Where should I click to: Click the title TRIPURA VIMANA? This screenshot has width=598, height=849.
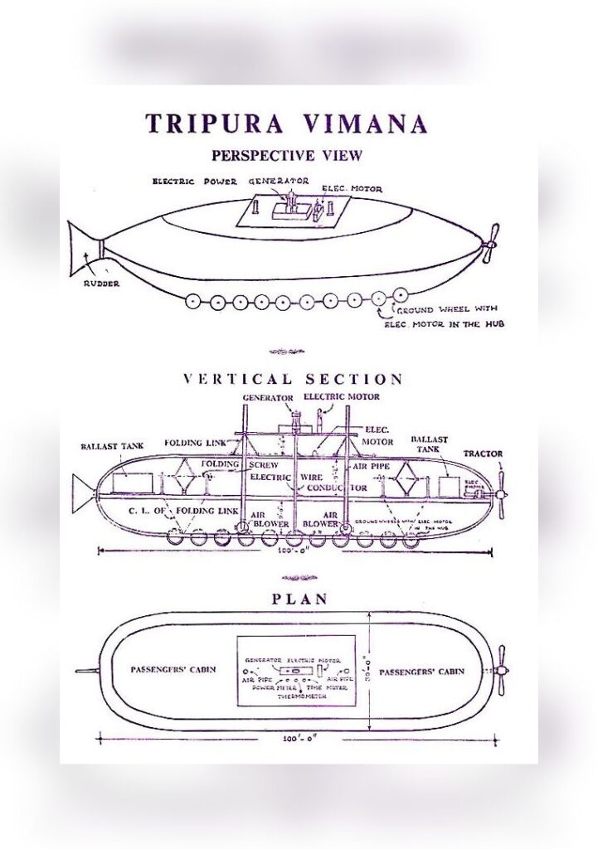pos(286,124)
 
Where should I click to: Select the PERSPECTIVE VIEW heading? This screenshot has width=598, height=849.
pos(286,155)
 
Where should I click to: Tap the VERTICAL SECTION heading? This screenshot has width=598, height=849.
pos(293,380)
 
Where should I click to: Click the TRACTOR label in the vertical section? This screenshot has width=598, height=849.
pos(483,454)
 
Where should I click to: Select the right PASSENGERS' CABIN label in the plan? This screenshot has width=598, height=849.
pos(421,671)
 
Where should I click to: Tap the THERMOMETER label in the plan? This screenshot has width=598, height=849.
pos(296,696)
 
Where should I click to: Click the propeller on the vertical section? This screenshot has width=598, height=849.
pos(500,495)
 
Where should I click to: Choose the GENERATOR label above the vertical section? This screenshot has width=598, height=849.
pos(267,398)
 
